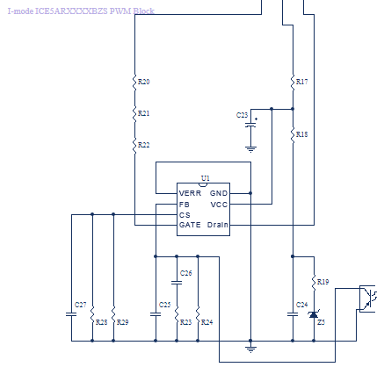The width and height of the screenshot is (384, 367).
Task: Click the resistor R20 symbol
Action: point(134,83)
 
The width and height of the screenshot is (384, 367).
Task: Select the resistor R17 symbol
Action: point(293,83)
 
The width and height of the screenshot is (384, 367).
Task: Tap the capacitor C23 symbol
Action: point(250,125)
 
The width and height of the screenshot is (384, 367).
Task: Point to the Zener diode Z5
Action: point(314,314)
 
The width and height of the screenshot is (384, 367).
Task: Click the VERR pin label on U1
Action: point(190,193)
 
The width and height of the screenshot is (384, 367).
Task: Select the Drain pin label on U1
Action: point(218,225)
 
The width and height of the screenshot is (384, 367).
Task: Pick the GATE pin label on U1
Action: point(190,225)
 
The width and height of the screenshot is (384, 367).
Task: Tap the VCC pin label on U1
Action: point(219,205)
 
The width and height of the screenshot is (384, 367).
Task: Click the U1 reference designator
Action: point(206,178)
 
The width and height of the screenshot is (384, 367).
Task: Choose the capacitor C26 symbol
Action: point(177,283)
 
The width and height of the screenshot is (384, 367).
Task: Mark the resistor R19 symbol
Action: point(314,283)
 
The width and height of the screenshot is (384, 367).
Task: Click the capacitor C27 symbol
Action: point(71,314)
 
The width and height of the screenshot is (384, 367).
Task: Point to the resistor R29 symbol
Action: point(113,314)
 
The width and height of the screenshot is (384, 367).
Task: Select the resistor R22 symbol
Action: point(134,146)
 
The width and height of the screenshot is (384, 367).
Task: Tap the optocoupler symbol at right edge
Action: point(367,299)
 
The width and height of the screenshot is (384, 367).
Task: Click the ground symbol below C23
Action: point(250,149)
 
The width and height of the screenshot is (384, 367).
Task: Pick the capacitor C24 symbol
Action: point(293,314)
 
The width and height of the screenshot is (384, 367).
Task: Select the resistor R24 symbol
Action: point(198,314)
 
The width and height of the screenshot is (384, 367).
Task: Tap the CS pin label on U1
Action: point(185,215)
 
